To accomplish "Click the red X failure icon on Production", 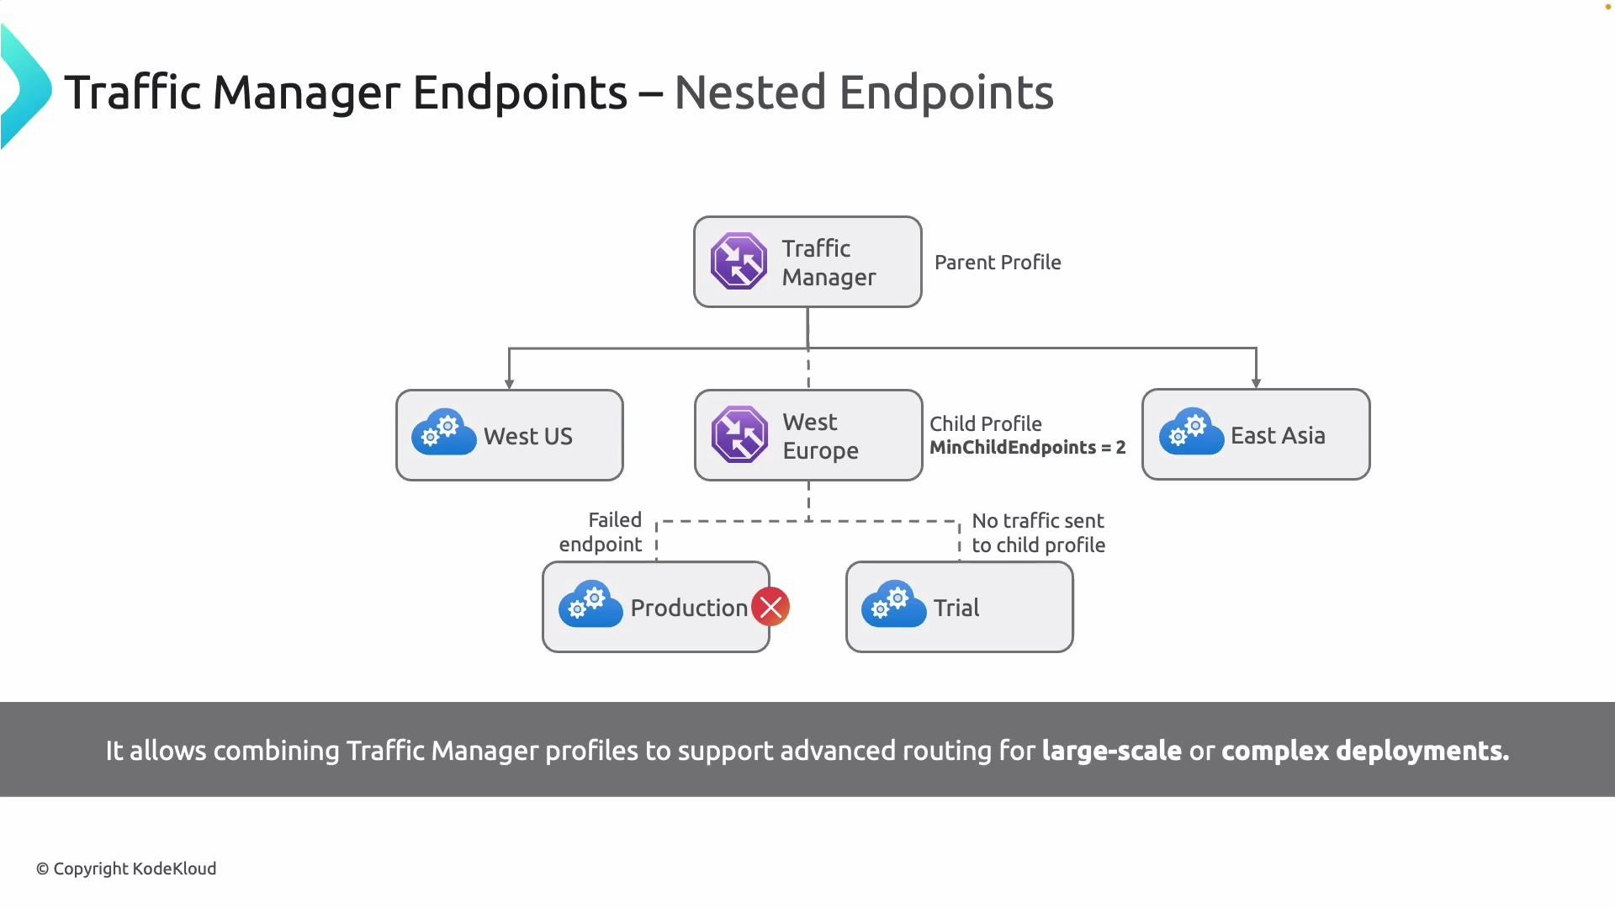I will pos(770,607).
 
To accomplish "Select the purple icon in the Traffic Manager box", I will pos(739,261).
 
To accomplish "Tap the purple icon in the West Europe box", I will pos(739,434).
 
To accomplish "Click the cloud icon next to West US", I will pos(443,433).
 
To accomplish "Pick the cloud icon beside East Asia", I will pos(1191,432).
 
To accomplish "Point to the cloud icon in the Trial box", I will pos(893,604).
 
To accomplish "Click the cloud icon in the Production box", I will pos(590,604).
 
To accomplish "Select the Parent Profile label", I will pos(998,263).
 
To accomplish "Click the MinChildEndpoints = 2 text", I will pos(1027,448).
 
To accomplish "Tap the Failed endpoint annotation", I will pos(601,532).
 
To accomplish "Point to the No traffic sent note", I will pos(1038,533).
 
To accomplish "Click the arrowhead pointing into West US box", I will pos(509,383).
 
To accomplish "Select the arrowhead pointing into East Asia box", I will pos(1256,383).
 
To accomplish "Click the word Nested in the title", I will pos(749,93).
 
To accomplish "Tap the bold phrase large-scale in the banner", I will pos(1111,751).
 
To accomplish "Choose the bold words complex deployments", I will pos(1364,751).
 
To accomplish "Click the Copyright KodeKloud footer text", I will pos(126,869).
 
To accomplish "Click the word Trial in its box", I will pos(956,608).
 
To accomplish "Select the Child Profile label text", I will pos(985,424).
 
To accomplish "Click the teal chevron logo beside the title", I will pos(25,88).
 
